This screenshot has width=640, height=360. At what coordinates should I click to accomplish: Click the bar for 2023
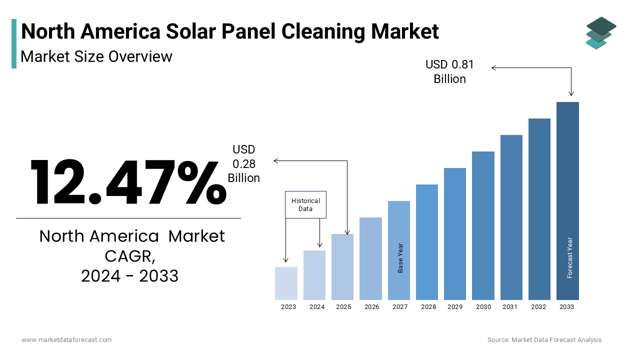click(x=286, y=283)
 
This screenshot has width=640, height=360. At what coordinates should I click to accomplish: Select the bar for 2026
click(x=370, y=258)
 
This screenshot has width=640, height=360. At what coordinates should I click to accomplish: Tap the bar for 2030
click(x=483, y=225)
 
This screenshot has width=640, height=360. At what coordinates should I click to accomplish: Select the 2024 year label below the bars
click(x=316, y=307)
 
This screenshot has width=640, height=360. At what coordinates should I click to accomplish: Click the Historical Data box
click(x=305, y=204)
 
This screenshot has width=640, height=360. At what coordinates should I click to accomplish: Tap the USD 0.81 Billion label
click(x=449, y=71)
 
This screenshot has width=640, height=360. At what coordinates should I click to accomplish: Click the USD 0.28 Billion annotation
click(x=244, y=163)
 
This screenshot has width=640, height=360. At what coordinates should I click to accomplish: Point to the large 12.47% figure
click(x=128, y=182)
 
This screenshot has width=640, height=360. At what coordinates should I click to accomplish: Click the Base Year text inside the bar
click(x=400, y=258)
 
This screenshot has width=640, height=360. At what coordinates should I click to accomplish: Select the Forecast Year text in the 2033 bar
click(x=569, y=257)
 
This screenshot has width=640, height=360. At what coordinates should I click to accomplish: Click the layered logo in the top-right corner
click(x=600, y=33)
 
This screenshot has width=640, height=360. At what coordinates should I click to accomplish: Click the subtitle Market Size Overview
click(x=96, y=56)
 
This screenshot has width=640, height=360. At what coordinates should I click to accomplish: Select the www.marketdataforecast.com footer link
click(x=66, y=339)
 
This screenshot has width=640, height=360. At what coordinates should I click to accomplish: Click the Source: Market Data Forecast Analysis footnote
click(x=544, y=339)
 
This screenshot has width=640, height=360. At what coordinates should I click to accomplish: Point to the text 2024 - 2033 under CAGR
click(x=129, y=275)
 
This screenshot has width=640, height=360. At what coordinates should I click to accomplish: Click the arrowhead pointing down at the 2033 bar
click(x=571, y=93)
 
